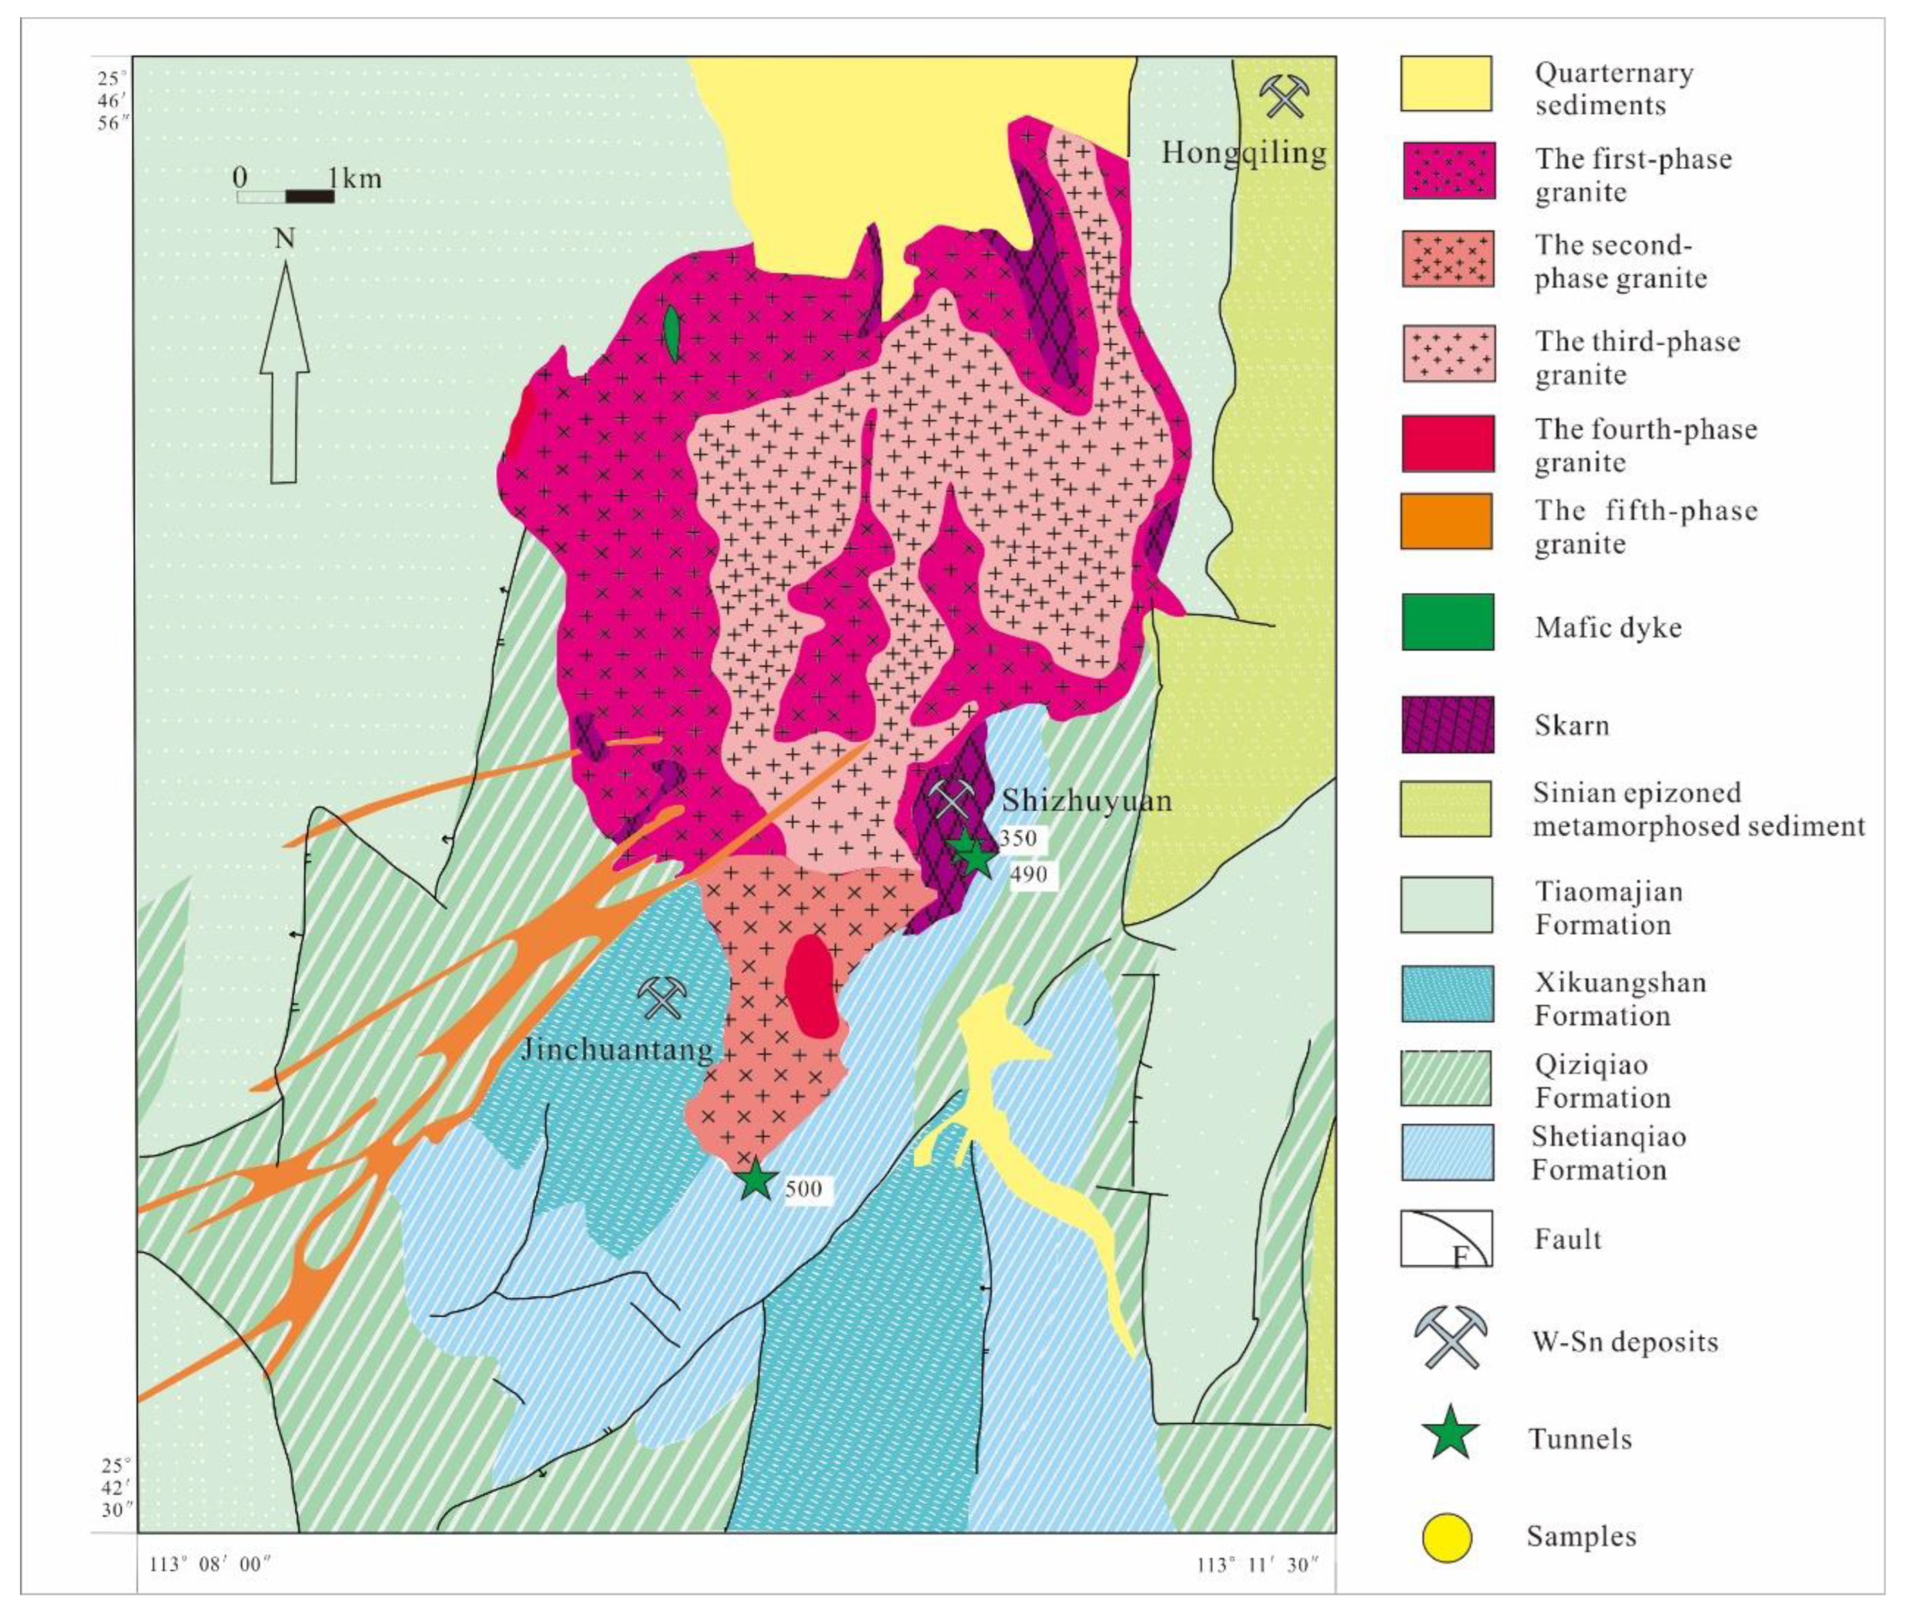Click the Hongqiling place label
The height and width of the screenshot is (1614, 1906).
point(1244,152)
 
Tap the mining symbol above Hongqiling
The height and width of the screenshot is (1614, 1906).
point(1285,96)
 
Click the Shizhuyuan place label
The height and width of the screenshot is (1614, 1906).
point(1086,801)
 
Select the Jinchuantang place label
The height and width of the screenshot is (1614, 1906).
point(617,1049)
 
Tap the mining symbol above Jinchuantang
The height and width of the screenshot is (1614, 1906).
point(662,997)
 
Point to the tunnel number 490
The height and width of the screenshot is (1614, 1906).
point(1029,875)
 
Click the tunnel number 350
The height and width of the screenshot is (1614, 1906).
point(1017,838)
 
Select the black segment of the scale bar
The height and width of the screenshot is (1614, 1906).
point(310,196)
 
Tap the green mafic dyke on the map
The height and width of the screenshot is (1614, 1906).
point(672,333)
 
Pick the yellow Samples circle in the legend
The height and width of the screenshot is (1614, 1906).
point(1447,1538)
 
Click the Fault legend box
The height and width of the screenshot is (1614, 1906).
point(1445,1239)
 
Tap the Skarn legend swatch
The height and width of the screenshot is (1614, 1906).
point(1447,725)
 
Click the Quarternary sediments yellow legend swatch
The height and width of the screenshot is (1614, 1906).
point(1445,83)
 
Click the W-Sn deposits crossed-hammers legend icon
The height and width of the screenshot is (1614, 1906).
point(1450,1337)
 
